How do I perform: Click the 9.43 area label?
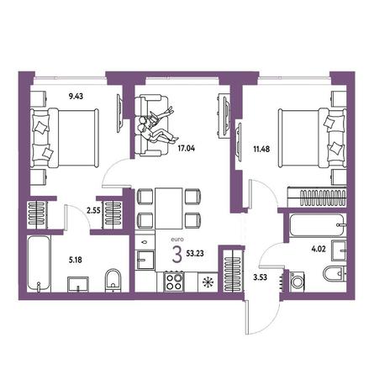click(76, 97)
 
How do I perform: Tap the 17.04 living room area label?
click(187, 148)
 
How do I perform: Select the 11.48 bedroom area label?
click(261, 149)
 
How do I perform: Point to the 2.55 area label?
click(93, 210)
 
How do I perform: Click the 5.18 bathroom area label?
click(76, 260)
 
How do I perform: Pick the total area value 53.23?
click(195, 254)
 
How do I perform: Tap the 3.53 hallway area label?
click(260, 277)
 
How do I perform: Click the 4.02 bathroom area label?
click(319, 249)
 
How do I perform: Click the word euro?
click(177, 240)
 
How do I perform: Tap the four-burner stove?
click(174, 282)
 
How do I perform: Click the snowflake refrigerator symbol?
click(208, 282)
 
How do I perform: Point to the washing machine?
click(298, 281)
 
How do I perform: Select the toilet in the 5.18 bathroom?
click(113, 280)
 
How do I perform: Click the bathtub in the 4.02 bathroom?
click(317, 225)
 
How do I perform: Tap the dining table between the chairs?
click(169, 208)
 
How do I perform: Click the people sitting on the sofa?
click(155, 125)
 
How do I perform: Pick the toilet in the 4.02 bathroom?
click(335, 273)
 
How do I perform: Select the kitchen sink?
click(145, 260)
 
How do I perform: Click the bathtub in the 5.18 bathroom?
click(39, 264)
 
